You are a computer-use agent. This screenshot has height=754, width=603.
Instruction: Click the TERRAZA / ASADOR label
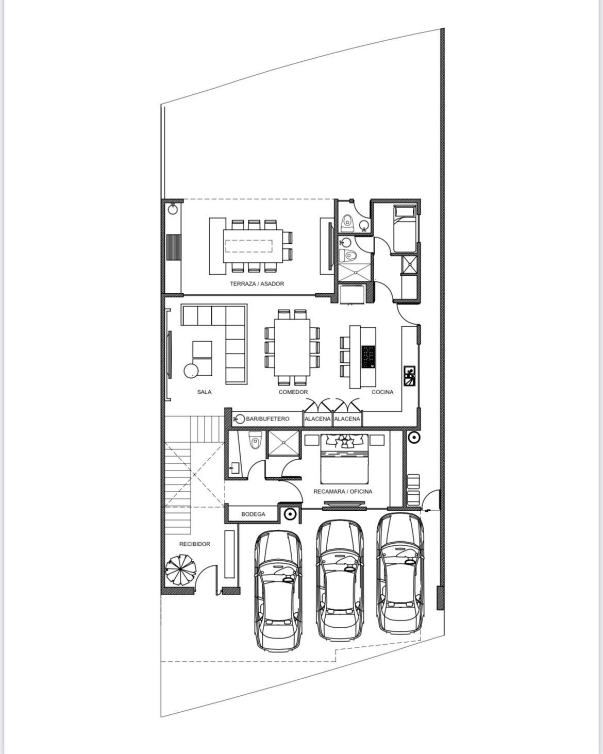pyautogui.click(x=257, y=284)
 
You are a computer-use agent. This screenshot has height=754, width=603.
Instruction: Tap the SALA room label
pyautogui.click(x=204, y=392)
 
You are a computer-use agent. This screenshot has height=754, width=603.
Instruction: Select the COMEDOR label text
pyautogui.click(x=293, y=392)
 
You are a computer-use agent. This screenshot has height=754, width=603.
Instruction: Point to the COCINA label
pyautogui.click(x=382, y=392)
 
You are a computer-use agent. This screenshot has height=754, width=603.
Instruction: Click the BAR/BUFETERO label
pyautogui.click(x=267, y=418)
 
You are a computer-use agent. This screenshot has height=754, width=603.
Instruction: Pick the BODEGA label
pyautogui.click(x=254, y=514)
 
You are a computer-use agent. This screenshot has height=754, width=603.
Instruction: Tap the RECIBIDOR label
pyautogui.click(x=195, y=544)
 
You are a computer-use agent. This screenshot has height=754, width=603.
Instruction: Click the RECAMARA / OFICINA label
pyautogui.click(x=343, y=492)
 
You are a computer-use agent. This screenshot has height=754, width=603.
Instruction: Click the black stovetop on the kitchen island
pyautogui.click(x=368, y=357)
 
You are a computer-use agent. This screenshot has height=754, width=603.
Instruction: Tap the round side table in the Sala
pyautogui.click(x=191, y=371)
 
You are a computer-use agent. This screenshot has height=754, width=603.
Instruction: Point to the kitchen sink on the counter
pyautogui.click(x=409, y=376)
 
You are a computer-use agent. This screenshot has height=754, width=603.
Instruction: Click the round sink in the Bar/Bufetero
pyautogui.click(x=240, y=418)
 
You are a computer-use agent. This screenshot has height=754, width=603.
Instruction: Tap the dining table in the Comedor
pyautogui.click(x=292, y=347)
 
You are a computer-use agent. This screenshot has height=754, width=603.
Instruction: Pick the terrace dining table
pyautogui.click(x=253, y=246)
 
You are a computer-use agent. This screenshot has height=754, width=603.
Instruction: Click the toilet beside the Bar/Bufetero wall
pyautogui.click(x=255, y=440)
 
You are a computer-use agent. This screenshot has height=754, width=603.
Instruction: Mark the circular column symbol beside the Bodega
pyautogui.click(x=290, y=514)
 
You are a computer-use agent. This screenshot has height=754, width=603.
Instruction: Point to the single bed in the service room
pyautogui.click(x=405, y=228)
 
